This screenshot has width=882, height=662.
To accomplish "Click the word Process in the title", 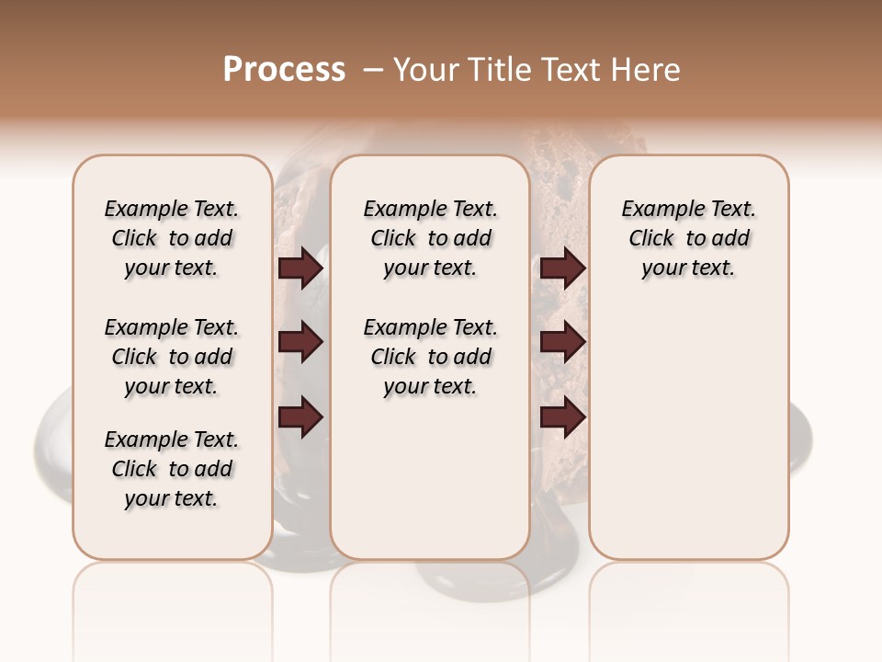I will [x=284, y=70].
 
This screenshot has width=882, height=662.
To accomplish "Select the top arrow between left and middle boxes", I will [x=300, y=268].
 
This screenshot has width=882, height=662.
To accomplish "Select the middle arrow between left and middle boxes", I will [x=300, y=343].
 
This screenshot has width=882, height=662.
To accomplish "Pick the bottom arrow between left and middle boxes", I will [x=300, y=417].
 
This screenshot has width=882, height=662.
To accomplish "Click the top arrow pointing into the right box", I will [x=562, y=268].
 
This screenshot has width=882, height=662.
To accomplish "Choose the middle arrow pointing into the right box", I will [x=562, y=343].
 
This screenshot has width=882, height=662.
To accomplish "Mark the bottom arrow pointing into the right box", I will [x=562, y=417].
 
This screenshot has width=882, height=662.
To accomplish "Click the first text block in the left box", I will [x=171, y=238].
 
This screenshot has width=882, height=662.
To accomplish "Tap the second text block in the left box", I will [x=171, y=357].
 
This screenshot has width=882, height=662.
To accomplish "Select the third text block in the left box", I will [x=171, y=469].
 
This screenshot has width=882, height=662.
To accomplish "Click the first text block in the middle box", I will [x=430, y=238].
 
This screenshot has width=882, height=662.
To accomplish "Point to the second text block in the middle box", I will [x=430, y=357].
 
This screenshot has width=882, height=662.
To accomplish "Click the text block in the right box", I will [x=688, y=238].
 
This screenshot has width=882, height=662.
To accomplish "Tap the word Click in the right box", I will [x=651, y=239].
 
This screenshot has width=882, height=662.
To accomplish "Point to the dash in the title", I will [x=373, y=70].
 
